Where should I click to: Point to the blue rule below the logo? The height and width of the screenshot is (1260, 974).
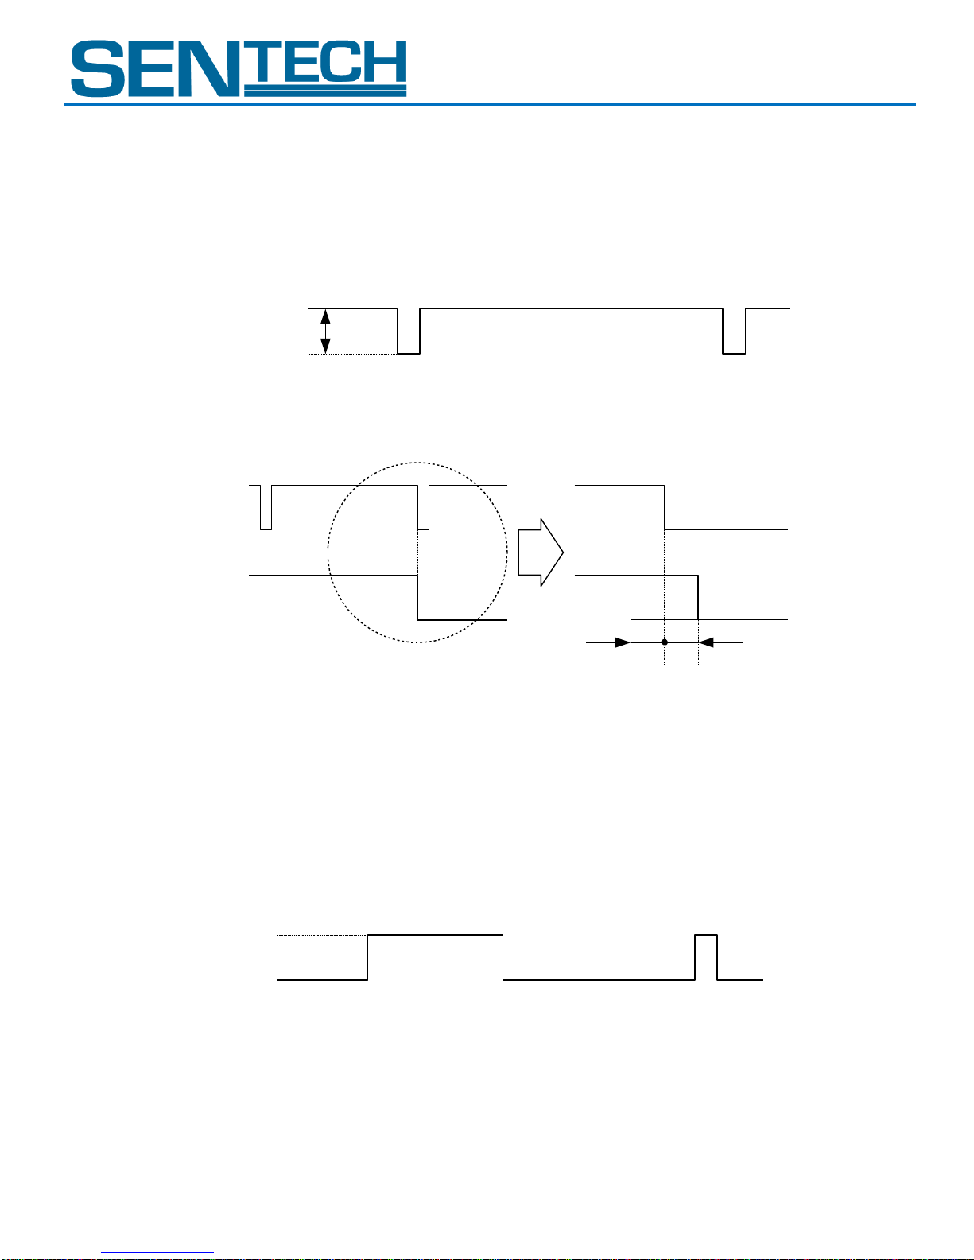point(489,104)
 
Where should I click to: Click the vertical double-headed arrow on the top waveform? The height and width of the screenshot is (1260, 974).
point(325,331)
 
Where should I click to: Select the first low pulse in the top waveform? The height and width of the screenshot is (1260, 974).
point(408,331)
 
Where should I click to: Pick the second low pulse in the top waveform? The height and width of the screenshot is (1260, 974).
point(734,331)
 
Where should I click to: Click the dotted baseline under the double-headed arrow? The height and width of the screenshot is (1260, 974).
point(352,354)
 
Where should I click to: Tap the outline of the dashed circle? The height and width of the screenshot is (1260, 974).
point(328,552)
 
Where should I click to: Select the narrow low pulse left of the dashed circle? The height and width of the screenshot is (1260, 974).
point(266,507)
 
